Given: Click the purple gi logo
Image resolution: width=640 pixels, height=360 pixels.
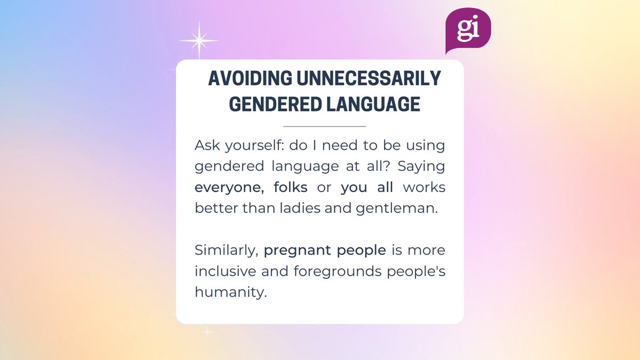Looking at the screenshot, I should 467,29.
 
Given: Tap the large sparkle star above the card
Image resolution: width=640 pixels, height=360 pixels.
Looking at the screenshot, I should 198,41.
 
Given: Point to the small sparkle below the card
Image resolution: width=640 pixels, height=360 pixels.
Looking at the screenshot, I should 207,333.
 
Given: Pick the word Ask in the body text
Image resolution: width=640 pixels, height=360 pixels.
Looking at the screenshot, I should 206,146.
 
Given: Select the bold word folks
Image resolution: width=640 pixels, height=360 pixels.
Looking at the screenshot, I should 290,188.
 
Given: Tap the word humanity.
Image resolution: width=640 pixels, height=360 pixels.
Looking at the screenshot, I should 229,293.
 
